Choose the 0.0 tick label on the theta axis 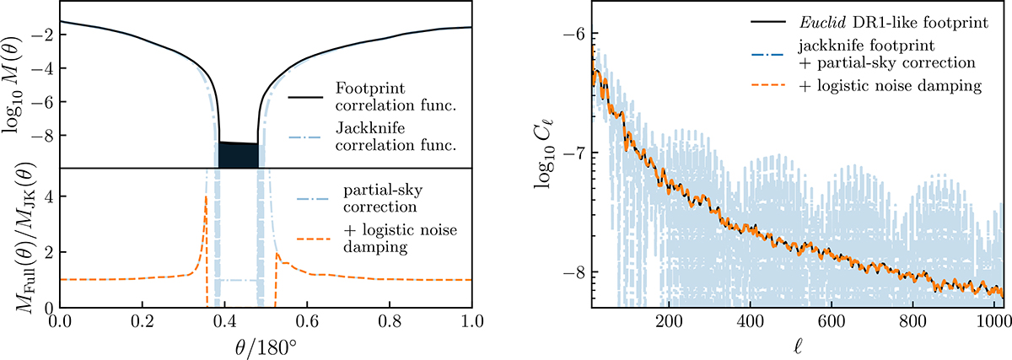59,322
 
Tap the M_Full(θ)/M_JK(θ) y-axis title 16,238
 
